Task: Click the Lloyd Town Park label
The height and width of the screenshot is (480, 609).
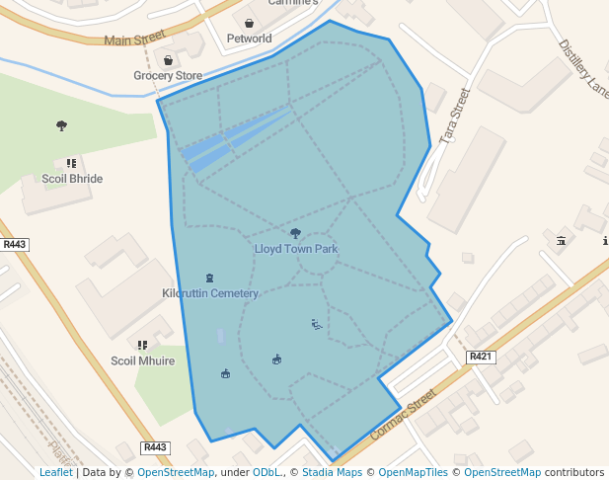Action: pyautogui.click(x=296, y=249)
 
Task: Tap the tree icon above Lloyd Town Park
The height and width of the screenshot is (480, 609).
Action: pyautogui.click(x=295, y=234)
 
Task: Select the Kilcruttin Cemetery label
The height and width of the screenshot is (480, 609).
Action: pyautogui.click(x=210, y=293)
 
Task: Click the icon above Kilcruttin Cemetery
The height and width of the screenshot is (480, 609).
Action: pyautogui.click(x=209, y=279)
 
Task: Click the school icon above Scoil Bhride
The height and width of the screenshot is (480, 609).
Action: pyautogui.click(x=71, y=163)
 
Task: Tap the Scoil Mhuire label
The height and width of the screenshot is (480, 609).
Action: pyautogui.click(x=143, y=360)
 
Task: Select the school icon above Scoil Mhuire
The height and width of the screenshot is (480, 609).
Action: pyautogui.click(x=143, y=346)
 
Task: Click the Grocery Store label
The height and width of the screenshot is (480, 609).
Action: pyautogui.click(x=168, y=75)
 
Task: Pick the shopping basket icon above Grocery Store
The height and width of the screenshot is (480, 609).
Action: pyautogui.click(x=169, y=60)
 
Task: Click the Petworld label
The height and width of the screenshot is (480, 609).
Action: pyautogui.click(x=249, y=40)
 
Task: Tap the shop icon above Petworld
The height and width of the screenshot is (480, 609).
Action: pyautogui.click(x=249, y=24)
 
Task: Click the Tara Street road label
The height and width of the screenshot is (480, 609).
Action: pyautogui.click(x=456, y=117)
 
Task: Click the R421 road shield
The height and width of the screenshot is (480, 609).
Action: pyautogui.click(x=480, y=357)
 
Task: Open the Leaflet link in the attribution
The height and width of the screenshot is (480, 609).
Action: pyautogui.click(x=55, y=473)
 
